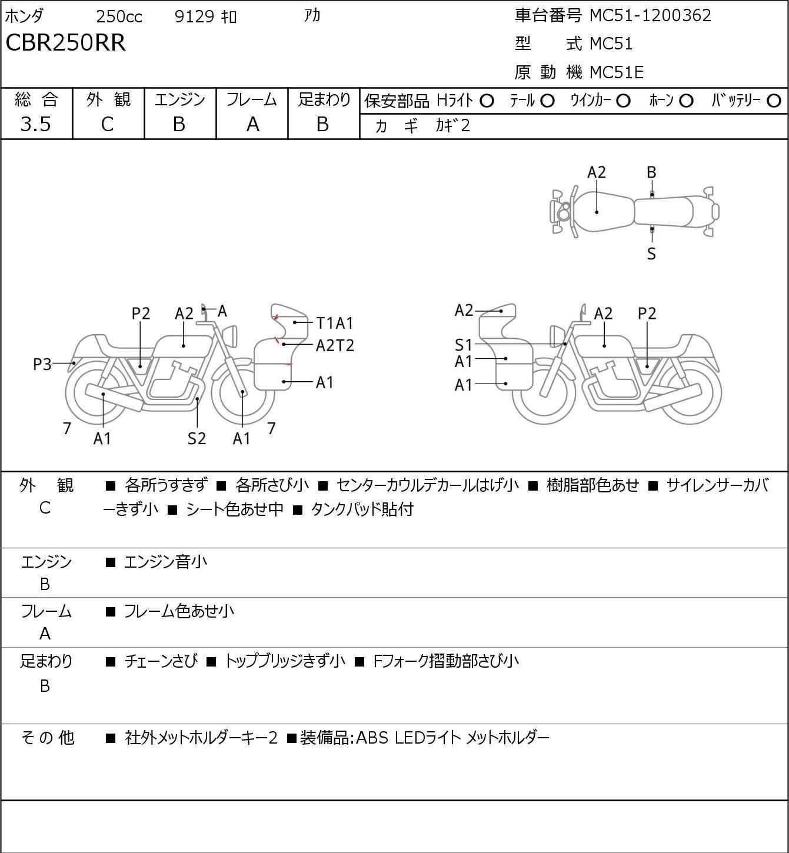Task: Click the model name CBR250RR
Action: pos(65,43)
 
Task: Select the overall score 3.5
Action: pos(35,124)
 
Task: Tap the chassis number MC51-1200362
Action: pos(650,15)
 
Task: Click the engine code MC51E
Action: pos(616,72)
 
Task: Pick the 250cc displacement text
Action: pos(119,16)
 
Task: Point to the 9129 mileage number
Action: pos(194,16)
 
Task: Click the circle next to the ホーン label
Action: pos(686,101)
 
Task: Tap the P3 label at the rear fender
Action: pos(42,365)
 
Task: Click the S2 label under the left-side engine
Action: pos(197,438)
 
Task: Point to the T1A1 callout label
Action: pos(335,323)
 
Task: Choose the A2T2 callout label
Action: pos(335,345)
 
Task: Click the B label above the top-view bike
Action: pos(651,172)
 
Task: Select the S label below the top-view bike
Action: pos(651,254)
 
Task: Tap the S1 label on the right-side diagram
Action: pos(464,345)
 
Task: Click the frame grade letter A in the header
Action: pos(252,124)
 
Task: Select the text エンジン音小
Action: pos(165,562)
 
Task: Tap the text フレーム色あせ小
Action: pos(179,612)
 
